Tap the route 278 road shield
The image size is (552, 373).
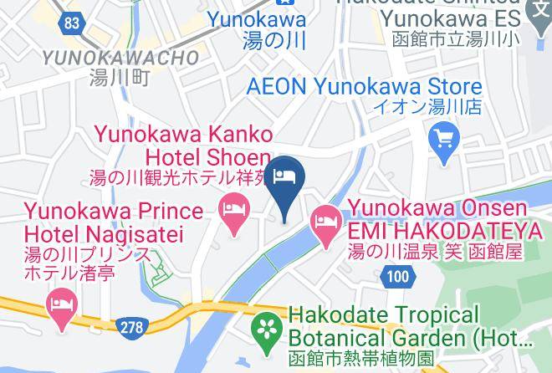pos(131,327)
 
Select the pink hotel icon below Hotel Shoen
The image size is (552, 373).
pos(233,207)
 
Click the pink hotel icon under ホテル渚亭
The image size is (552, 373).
pos(62,302)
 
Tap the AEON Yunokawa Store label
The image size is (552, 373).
pos(365,87)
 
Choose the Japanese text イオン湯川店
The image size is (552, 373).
pos(427,107)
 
